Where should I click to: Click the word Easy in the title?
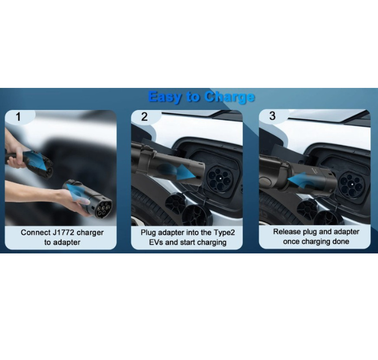click(164, 97)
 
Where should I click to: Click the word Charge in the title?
click(230, 97)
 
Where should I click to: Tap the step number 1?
click(18, 117)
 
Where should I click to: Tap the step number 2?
click(145, 117)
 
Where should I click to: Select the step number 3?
click(273, 116)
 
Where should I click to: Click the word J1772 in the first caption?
click(63, 232)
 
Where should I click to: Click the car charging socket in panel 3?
click(351, 184)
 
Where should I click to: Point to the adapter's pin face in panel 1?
click(103, 208)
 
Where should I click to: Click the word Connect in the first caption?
click(36, 232)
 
